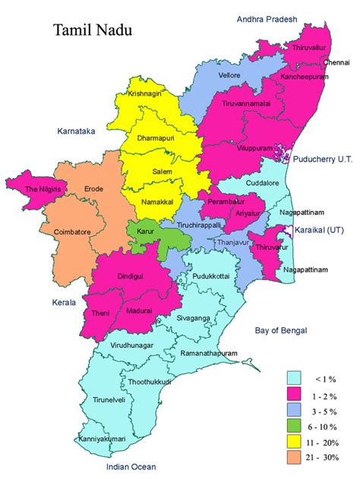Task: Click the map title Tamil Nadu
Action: (x=91, y=30)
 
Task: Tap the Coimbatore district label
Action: (x=71, y=232)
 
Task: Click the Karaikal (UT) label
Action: (x=325, y=230)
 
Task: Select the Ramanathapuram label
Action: (x=208, y=354)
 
